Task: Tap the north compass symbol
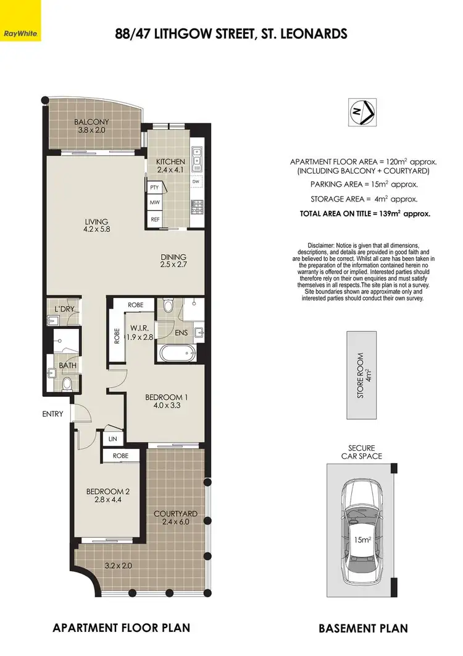coord(360,113)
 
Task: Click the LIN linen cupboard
coord(112,438)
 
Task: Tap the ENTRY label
coord(53,414)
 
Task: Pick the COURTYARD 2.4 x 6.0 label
coord(176,518)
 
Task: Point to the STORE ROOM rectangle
coord(362,377)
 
